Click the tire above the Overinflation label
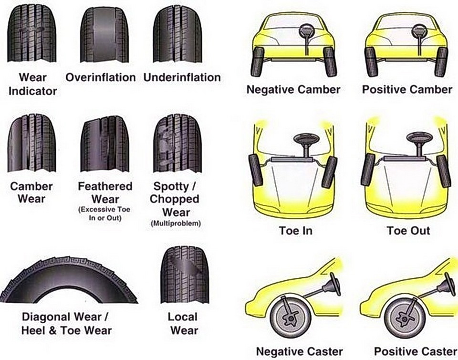pyautogui.click(x=104, y=35)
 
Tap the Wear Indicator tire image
pyautogui.click(x=32, y=35)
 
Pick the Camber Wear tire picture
pyautogui.click(x=32, y=143)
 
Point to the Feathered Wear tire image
pyautogui.click(x=104, y=143)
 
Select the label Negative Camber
pyautogui.click(x=293, y=89)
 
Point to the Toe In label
pyautogui.click(x=296, y=231)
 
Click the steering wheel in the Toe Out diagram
pyautogui.click(x=419, y=138)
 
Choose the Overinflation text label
pyautogui.click(x=101, y=77)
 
